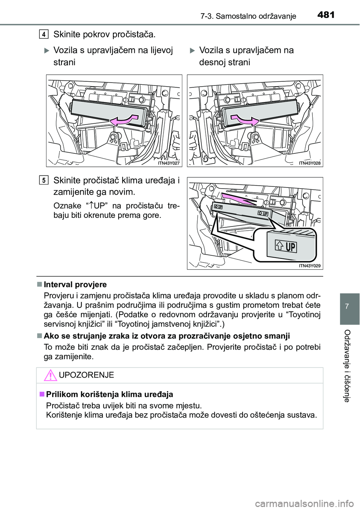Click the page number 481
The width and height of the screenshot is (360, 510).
(x=325, y=15)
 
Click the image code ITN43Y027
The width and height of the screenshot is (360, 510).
(x=169, y=163)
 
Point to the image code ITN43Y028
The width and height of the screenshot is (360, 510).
(x=310, y=163)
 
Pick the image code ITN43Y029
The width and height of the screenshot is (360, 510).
(x=310, y=266)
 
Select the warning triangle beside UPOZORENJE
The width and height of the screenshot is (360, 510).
(x=50, y=375)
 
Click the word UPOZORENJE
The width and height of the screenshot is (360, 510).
(x=87, y=375)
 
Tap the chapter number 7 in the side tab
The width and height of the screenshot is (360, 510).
(x=347, y=306)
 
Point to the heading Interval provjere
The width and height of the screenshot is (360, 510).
(x=75, y=285)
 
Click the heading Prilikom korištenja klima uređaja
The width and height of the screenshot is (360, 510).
(x=109, y=394)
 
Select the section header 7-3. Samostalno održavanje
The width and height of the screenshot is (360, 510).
(x=248, y=16)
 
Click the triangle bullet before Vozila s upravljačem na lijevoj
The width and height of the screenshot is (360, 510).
(x=47, y=51)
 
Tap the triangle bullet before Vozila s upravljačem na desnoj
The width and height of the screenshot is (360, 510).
(x=192, y=51)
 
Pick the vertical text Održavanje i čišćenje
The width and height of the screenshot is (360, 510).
(x=347, y=366)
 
